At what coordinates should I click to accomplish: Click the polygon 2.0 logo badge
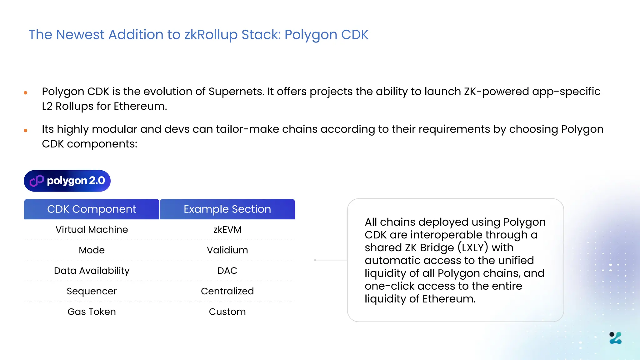click(67, 181)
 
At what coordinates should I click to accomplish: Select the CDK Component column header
click(92, 209)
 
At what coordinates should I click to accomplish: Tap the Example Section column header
click(227, 209)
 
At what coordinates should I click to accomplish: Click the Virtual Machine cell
click(92, 230)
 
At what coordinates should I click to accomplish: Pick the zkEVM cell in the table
click(227, 230)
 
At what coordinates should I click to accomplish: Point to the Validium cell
click(227, 250)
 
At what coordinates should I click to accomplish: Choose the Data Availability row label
click(92, 271)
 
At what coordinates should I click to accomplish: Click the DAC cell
click(227, 271)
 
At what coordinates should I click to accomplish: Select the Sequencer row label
click(92, 291)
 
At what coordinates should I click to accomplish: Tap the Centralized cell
click(227, 291)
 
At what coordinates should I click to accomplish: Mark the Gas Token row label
click(92, 312)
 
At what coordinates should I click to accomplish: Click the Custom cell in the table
click(227, 312)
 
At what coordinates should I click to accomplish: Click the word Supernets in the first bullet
click(236, 92)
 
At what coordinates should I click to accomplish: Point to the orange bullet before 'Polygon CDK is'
click(26, 93)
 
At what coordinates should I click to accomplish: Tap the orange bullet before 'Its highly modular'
click(26, 130)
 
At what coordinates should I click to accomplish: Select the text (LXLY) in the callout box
click(473, 247)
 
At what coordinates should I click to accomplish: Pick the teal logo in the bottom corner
click(615, 338)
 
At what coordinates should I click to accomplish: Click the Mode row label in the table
click(92, 250)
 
